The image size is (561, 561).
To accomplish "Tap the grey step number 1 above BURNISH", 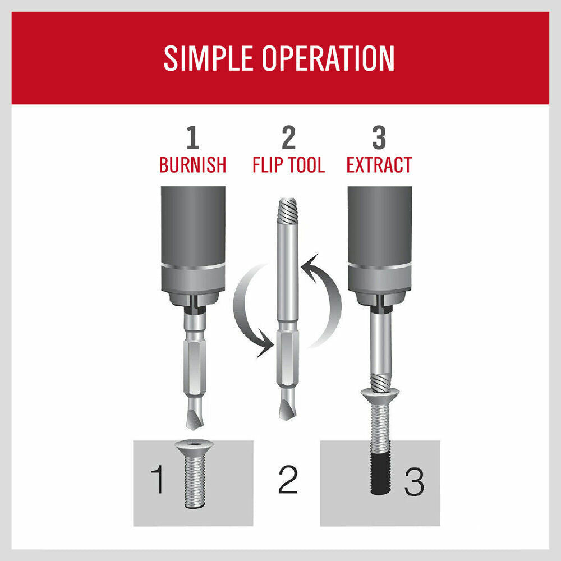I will click(x=192, y=137).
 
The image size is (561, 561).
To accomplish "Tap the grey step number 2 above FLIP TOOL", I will click(x=288, y=137).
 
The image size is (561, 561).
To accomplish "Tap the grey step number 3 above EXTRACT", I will click(x=379, y=137).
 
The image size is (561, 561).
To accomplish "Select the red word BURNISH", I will click(x=192, y=165).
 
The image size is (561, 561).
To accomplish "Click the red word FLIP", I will click(x=268, y=165).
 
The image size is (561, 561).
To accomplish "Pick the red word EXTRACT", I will click(x=379, y=165).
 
